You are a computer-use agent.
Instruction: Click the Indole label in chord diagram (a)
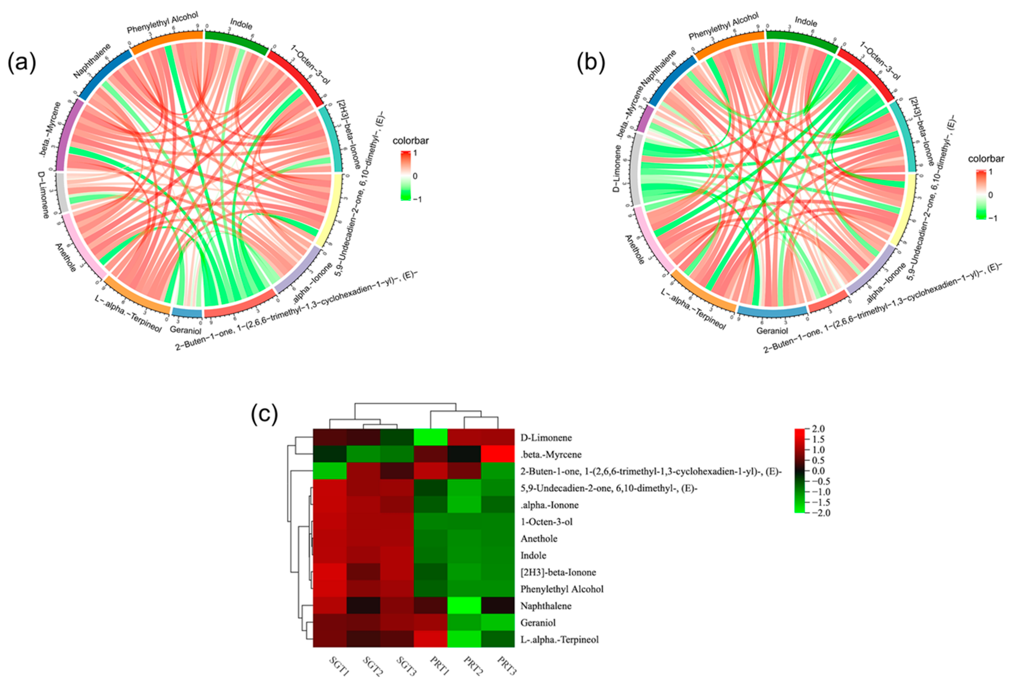241,25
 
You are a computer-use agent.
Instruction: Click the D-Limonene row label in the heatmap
546,438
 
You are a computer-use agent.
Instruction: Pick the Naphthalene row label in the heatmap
546,606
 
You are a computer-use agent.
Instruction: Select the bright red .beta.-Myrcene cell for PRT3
498,454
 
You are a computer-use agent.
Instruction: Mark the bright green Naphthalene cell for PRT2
464,606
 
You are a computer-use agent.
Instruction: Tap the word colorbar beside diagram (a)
410,141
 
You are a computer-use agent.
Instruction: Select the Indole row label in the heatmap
533,555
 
